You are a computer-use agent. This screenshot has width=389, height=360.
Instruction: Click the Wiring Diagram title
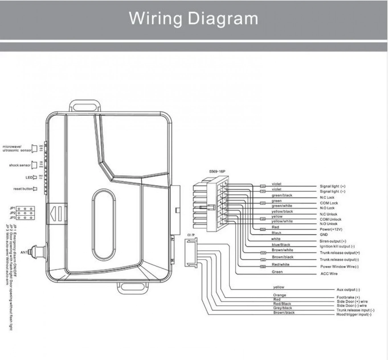pos(194,18)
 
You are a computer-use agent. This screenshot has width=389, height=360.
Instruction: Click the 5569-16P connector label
pos(217,172)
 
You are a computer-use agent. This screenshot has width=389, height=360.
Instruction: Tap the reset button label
pos(23,189)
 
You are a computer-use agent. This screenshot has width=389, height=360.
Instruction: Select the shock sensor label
pos(20,165)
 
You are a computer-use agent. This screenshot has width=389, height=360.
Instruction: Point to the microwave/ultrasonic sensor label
pos(17,149)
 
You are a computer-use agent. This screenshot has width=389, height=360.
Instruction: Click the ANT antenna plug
pos(40,252)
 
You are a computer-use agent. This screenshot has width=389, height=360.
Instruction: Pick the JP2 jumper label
pos(13,213)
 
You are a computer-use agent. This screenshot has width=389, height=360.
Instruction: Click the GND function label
pos(324,235)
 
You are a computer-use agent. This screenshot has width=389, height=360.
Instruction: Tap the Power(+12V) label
pos(331,229)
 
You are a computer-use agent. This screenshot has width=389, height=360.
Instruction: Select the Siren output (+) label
pos(333,241)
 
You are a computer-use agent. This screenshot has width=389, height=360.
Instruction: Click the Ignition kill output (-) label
pos(337,246)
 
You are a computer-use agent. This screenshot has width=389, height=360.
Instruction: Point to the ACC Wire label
pos(329,274)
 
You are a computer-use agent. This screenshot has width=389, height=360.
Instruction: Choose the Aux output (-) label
pos(348,290)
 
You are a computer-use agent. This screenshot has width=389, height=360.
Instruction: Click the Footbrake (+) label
pos(348,297)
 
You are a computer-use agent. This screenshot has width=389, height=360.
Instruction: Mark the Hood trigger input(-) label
pos(354,314)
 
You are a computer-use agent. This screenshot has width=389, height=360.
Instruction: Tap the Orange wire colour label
pos(279,295)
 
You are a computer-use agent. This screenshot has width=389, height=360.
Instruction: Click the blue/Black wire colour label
pos(281,245)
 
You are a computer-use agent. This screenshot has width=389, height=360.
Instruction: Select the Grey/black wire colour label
pos(282,308)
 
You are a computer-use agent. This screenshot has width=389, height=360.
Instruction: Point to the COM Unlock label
pos(330,219)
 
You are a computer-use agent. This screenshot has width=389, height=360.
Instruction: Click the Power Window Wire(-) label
pos(339,267)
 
